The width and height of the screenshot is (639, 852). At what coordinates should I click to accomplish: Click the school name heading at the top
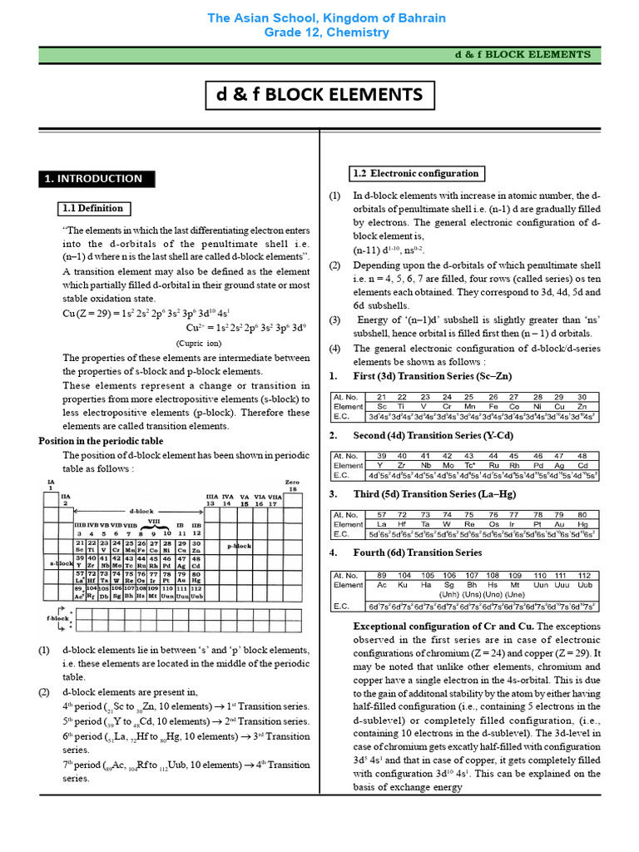[325, 17]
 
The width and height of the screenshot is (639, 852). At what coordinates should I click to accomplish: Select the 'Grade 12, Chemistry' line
[325, 32]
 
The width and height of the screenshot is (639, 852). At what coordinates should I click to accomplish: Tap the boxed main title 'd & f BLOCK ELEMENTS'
[319, 94]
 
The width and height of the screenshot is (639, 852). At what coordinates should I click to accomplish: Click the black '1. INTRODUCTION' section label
[93, 178]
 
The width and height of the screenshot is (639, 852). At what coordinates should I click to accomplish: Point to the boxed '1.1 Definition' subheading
[93, 208]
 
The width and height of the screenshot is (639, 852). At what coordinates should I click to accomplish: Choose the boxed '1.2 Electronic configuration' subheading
[416, 173]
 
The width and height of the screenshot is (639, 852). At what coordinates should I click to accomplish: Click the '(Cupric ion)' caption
[198, 343]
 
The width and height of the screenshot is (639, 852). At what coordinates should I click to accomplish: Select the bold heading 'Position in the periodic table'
[101, 440]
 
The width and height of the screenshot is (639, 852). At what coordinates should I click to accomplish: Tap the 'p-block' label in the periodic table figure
[240, 546]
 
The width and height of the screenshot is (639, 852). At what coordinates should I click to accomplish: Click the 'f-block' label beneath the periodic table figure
[57, 619]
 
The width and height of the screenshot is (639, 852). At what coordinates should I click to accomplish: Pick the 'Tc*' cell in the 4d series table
[469, 466]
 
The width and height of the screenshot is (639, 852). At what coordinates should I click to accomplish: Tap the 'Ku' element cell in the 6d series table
[404, 585]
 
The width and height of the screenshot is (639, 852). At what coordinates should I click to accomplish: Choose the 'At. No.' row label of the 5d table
[345, 515]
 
